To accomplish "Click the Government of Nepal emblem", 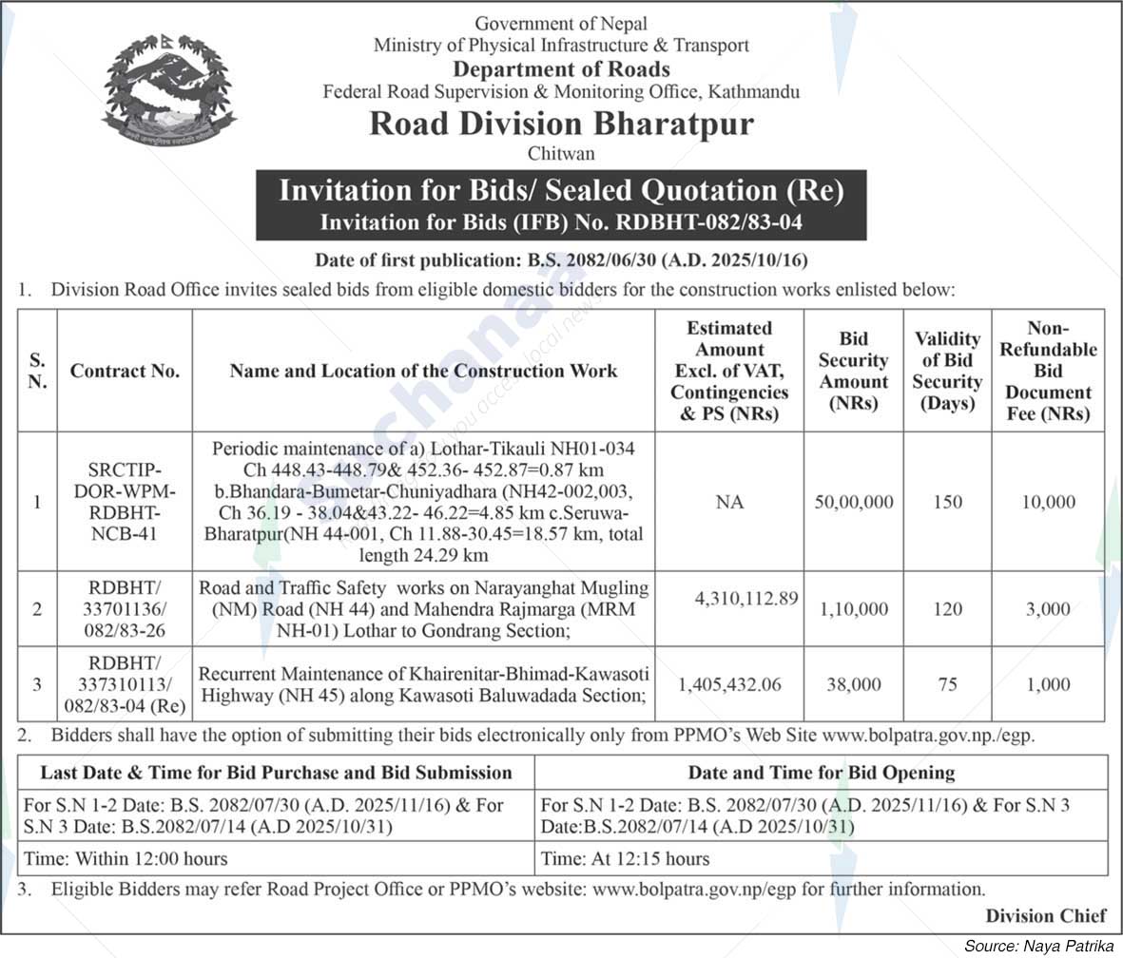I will tap(168, 91).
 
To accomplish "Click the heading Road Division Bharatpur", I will tap(561, 125).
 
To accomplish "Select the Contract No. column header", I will tap(125, 372).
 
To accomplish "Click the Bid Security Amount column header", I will tap(853, 371).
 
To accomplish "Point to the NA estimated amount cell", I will tap(729, 502).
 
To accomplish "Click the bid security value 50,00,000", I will tap(853, 502).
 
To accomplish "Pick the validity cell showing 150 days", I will tap(947, 502).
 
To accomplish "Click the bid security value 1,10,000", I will tap(853, 609).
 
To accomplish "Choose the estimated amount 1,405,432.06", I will tap(729, 684).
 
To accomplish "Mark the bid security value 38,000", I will tap(853, 684).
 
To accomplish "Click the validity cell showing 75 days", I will tap(947, 684).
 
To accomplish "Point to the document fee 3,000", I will tap(1049, 609).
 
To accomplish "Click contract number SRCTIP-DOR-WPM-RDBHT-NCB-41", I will tap(125, 502).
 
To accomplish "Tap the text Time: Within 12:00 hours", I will tap(126, 858).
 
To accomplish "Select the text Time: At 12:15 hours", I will tap(625, 858).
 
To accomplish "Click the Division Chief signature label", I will tap(1046, 915).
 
